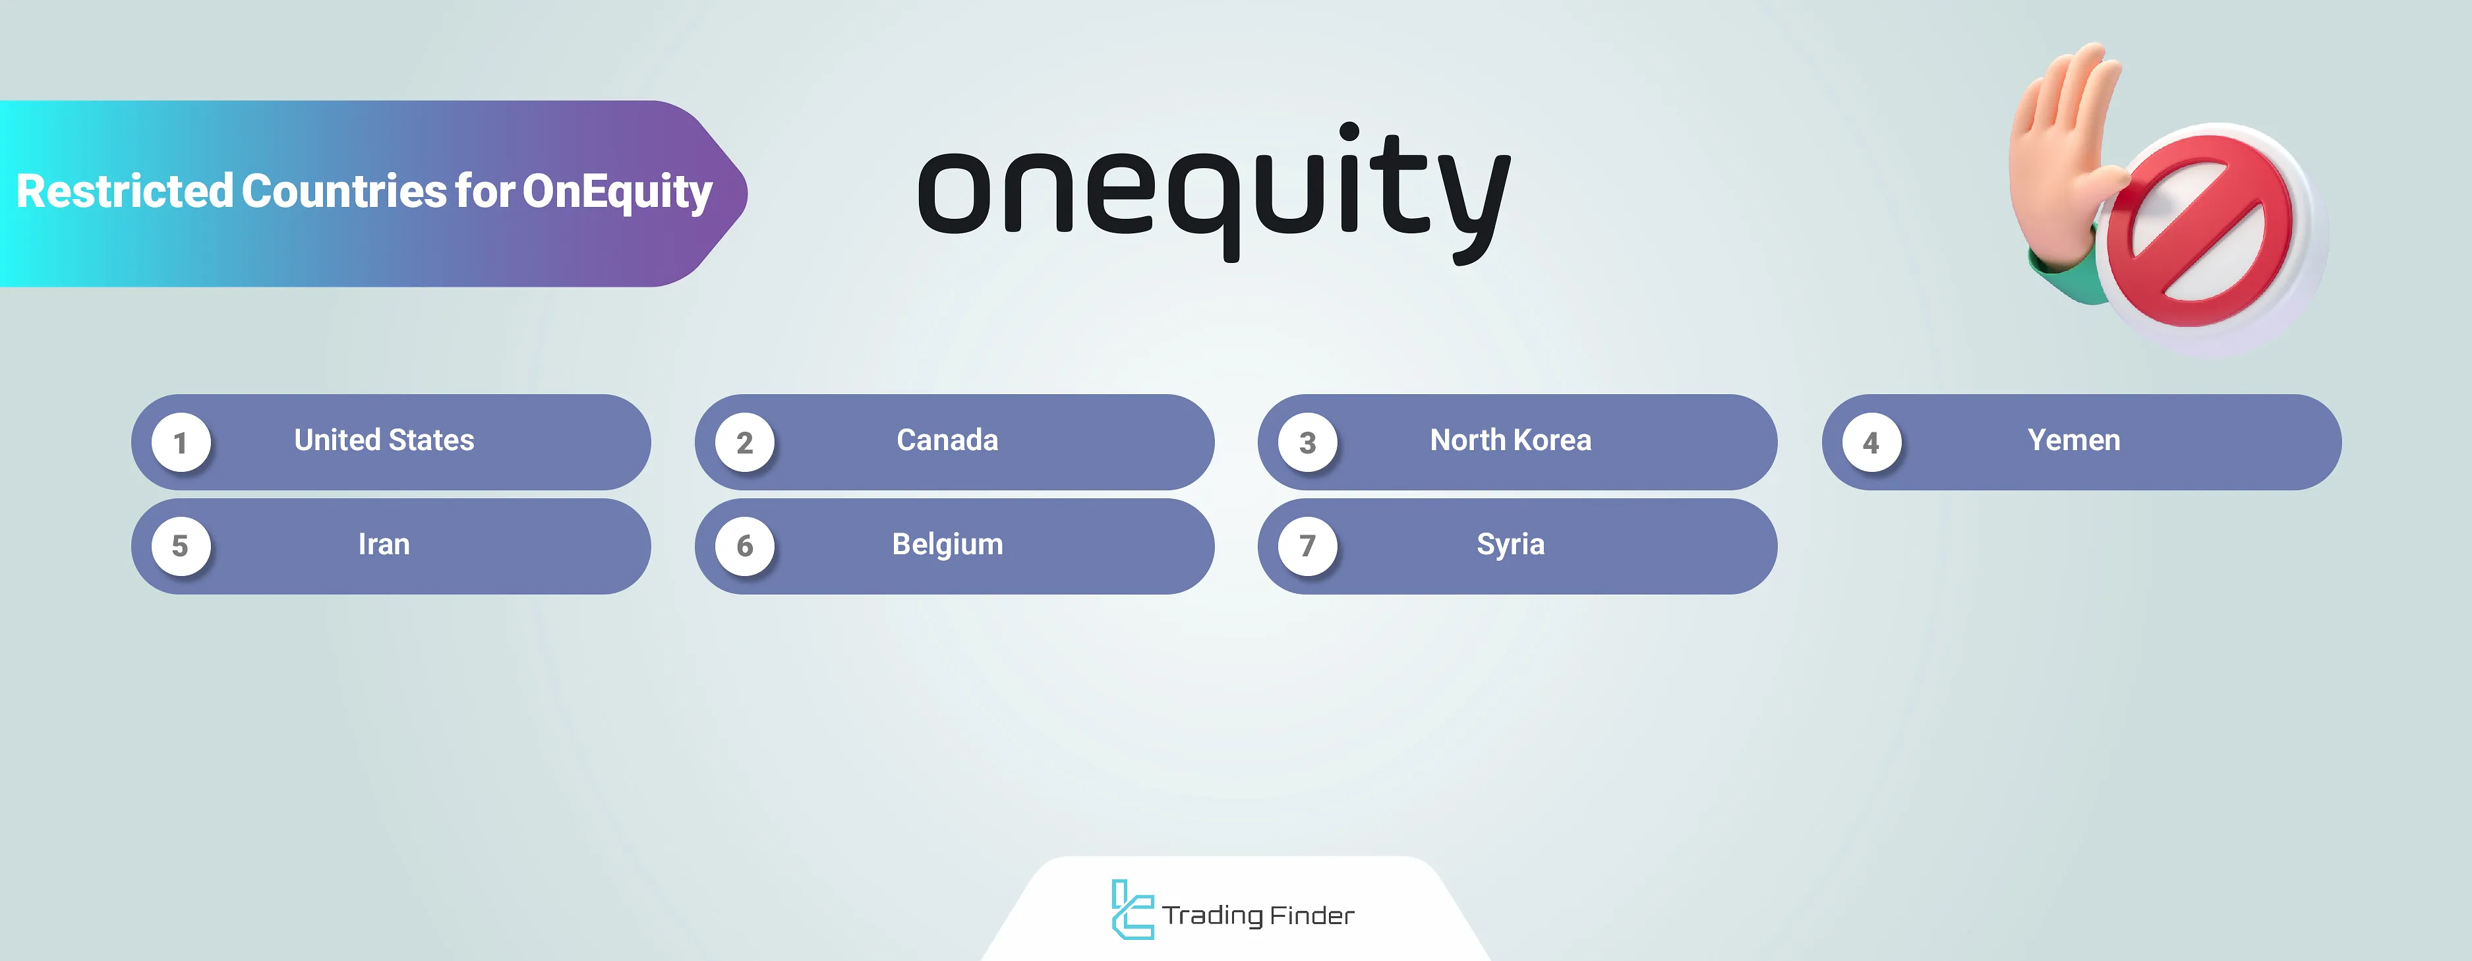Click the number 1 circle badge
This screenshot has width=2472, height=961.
(x=181, y=443)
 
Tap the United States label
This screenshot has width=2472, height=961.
(x=384, y=440)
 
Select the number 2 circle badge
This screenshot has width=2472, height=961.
(x=745, y=443)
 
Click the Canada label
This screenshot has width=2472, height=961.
(x=947, y=440)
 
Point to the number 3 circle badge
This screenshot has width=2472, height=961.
(x=1307, y=443)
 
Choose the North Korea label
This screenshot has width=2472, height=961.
(x=1510, y=440)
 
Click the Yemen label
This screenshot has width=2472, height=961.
(x=2074, y=440)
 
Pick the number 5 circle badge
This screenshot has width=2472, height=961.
(x=181, y=546)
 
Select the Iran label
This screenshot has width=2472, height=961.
(x=384, y=544)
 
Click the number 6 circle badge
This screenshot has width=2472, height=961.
(x=745, y=546)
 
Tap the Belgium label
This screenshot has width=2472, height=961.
(x=947, y=544)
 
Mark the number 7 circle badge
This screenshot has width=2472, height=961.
(x=1307, y=546)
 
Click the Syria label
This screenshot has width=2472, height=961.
(x=1510, y=544)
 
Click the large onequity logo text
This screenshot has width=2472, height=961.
(x=1214, y=192)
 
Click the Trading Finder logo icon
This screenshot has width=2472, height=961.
(x=1131, y=909)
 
